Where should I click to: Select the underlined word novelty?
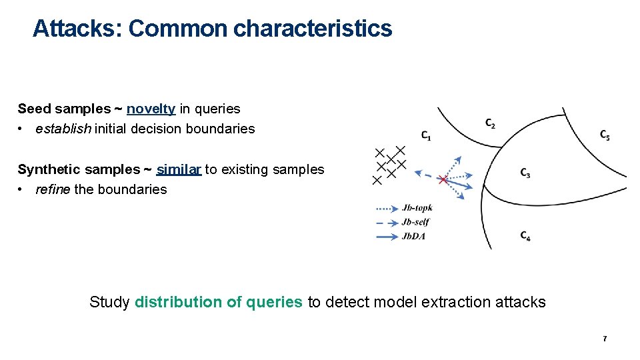coord(151,109)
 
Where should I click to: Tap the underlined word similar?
coord(179,169)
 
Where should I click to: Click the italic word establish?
coord(63,129)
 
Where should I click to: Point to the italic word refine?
coord(53,189)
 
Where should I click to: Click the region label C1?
coord(426,135)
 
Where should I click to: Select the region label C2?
coord(490,123)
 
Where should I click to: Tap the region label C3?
coord(525,173)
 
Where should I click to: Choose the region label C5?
coord(604,135)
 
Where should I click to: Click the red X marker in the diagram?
coord(443,179)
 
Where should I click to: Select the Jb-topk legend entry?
coord(417,208)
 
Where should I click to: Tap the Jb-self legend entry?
coord(415,222)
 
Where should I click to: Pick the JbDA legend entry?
coord(414,236)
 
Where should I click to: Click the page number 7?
coord(605,339)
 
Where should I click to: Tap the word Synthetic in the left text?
coord(46,169)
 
